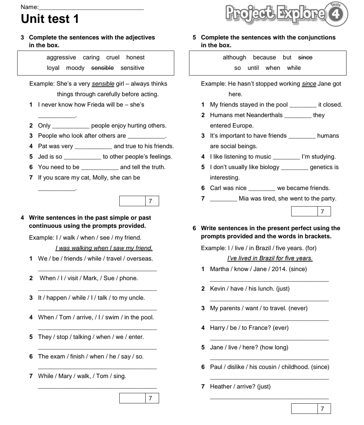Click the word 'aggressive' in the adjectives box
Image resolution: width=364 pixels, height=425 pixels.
tap(61, 57)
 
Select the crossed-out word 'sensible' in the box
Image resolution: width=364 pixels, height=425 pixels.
tap(102, 68)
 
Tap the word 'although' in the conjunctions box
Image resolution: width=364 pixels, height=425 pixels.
tap(234, 57)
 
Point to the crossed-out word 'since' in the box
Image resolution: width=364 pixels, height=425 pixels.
tap(305, 57)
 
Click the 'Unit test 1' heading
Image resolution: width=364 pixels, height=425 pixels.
tap(50, 19)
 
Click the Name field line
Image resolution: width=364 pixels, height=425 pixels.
tap(91, 8)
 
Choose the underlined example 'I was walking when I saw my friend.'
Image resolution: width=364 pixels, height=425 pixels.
tap(104, 248)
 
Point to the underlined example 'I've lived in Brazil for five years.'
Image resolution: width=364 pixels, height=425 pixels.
tap(270, 258)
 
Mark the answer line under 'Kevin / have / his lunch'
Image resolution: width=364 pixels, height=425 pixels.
tap(269, 300)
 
